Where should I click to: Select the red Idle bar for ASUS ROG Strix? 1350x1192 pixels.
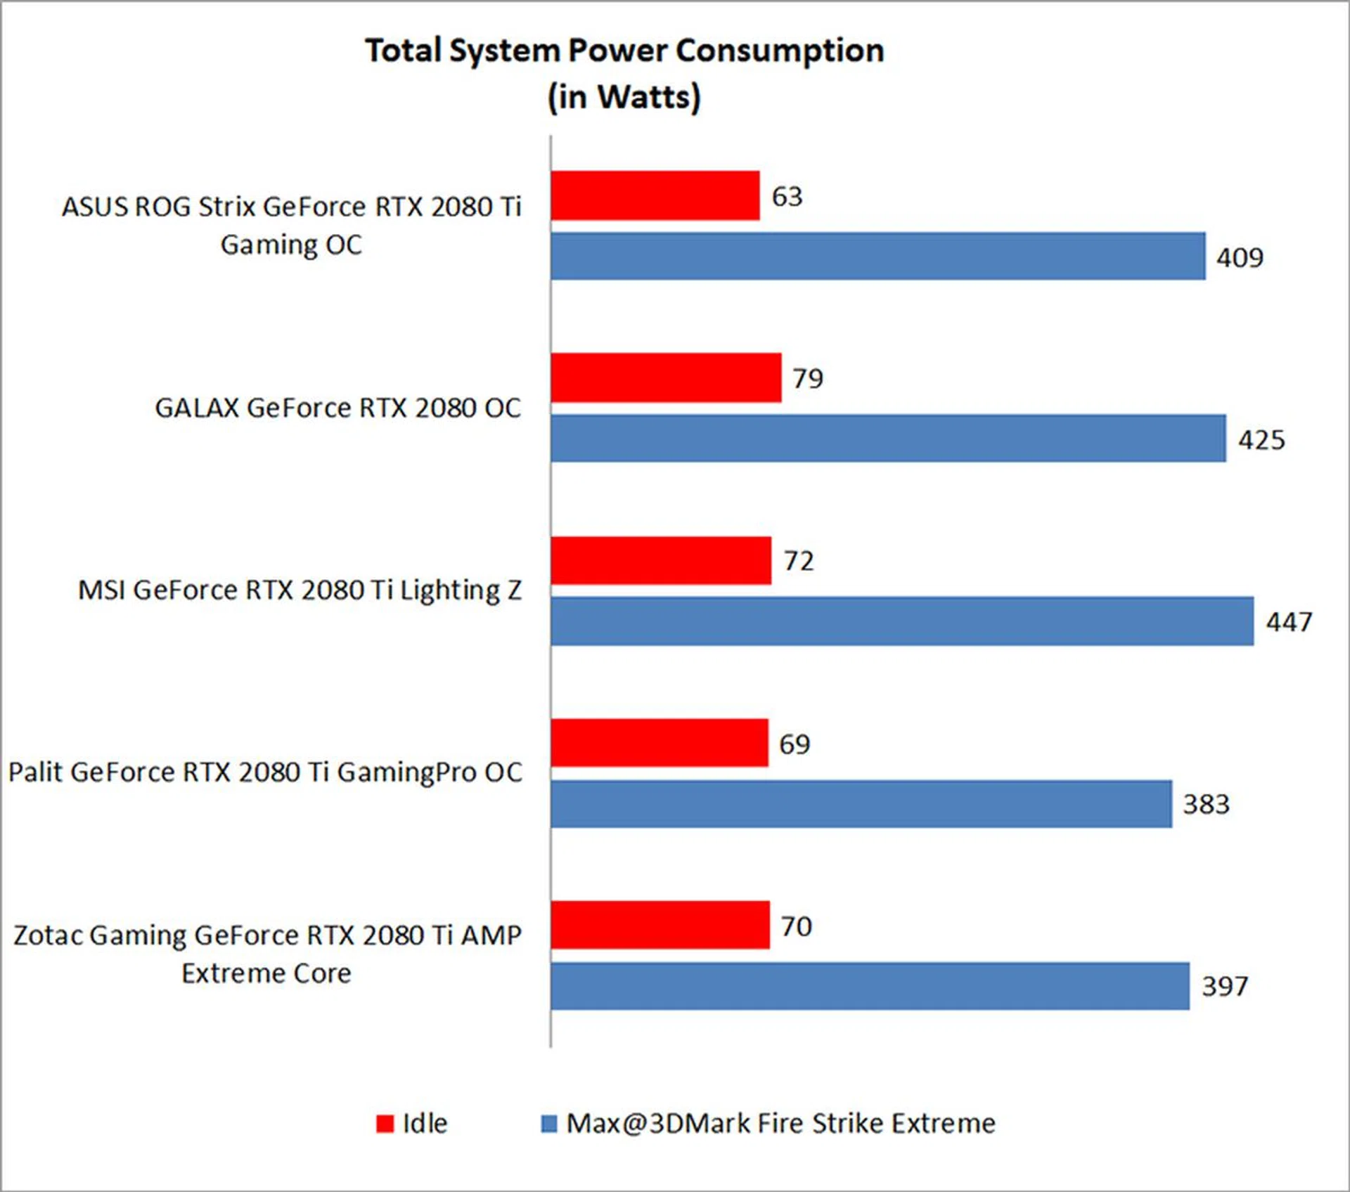(655, 195)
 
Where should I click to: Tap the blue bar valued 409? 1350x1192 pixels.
(877, 257)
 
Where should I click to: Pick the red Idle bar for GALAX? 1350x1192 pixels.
(666, 377)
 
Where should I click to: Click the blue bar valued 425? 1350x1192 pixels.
(888, 439)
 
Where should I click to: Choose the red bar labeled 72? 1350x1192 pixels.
(661, 560)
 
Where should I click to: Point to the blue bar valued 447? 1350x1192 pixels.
(902, 621)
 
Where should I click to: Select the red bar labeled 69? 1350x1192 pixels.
(660, 743)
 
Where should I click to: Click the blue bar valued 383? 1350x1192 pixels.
(861, 804)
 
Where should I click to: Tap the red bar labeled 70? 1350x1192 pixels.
(660, 925)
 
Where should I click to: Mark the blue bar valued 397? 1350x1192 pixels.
(870, 986)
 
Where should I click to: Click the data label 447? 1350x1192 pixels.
(1289, 622)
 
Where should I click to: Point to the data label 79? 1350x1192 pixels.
(808, 379)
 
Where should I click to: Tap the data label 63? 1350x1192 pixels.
(787, 197)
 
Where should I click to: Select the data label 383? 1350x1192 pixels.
(1206, 804)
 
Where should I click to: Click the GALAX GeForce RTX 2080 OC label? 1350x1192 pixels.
(338, 408)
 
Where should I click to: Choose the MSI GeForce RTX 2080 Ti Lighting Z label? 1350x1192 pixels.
(300, 590)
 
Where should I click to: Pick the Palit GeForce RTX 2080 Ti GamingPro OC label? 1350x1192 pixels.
(265, 772)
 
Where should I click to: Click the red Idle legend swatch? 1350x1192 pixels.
(385, 1124)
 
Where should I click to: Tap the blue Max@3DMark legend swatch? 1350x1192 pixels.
(548, 1124)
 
